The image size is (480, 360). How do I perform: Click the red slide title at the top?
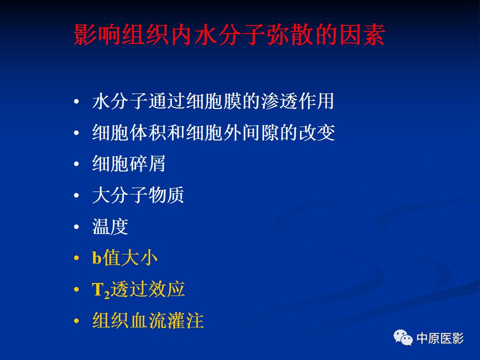pos(229,35)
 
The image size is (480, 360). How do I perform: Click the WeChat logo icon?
pos(403,337)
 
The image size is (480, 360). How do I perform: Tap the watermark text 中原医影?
pos(440,338)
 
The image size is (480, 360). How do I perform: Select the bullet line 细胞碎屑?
pos(128,163)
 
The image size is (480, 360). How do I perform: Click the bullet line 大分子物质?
pos(138,195)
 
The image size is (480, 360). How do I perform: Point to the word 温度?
pos(110,226)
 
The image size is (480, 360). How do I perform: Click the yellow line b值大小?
pos(124,258)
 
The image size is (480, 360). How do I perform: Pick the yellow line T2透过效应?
pos(138,289)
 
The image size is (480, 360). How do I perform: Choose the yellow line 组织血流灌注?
pos(148,321)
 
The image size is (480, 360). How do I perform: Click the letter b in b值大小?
pos(96,258)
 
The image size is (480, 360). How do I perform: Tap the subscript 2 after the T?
pos(107,294)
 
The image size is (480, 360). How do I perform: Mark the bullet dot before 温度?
pos(76,227)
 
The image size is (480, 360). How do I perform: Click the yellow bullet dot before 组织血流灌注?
pos(76,321)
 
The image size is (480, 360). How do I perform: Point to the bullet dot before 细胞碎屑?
pos(76,164)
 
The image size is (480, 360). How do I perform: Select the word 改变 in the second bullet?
pos(317,132)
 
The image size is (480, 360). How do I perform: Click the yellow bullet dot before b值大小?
pos(76,258)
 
